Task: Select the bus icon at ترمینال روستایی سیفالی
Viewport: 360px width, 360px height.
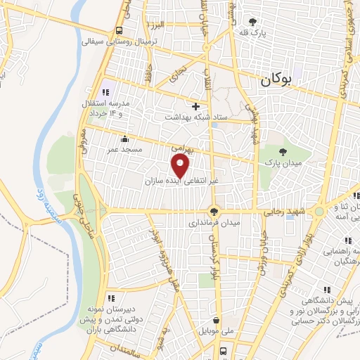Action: click(119, 31)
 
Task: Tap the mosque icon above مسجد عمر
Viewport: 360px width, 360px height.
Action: click(124, 139)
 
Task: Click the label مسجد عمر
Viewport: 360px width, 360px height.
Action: click(124, 149)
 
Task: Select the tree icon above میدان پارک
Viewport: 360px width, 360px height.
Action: click(283, 152)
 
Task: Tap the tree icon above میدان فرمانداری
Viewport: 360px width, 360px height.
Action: click(214, 211)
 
